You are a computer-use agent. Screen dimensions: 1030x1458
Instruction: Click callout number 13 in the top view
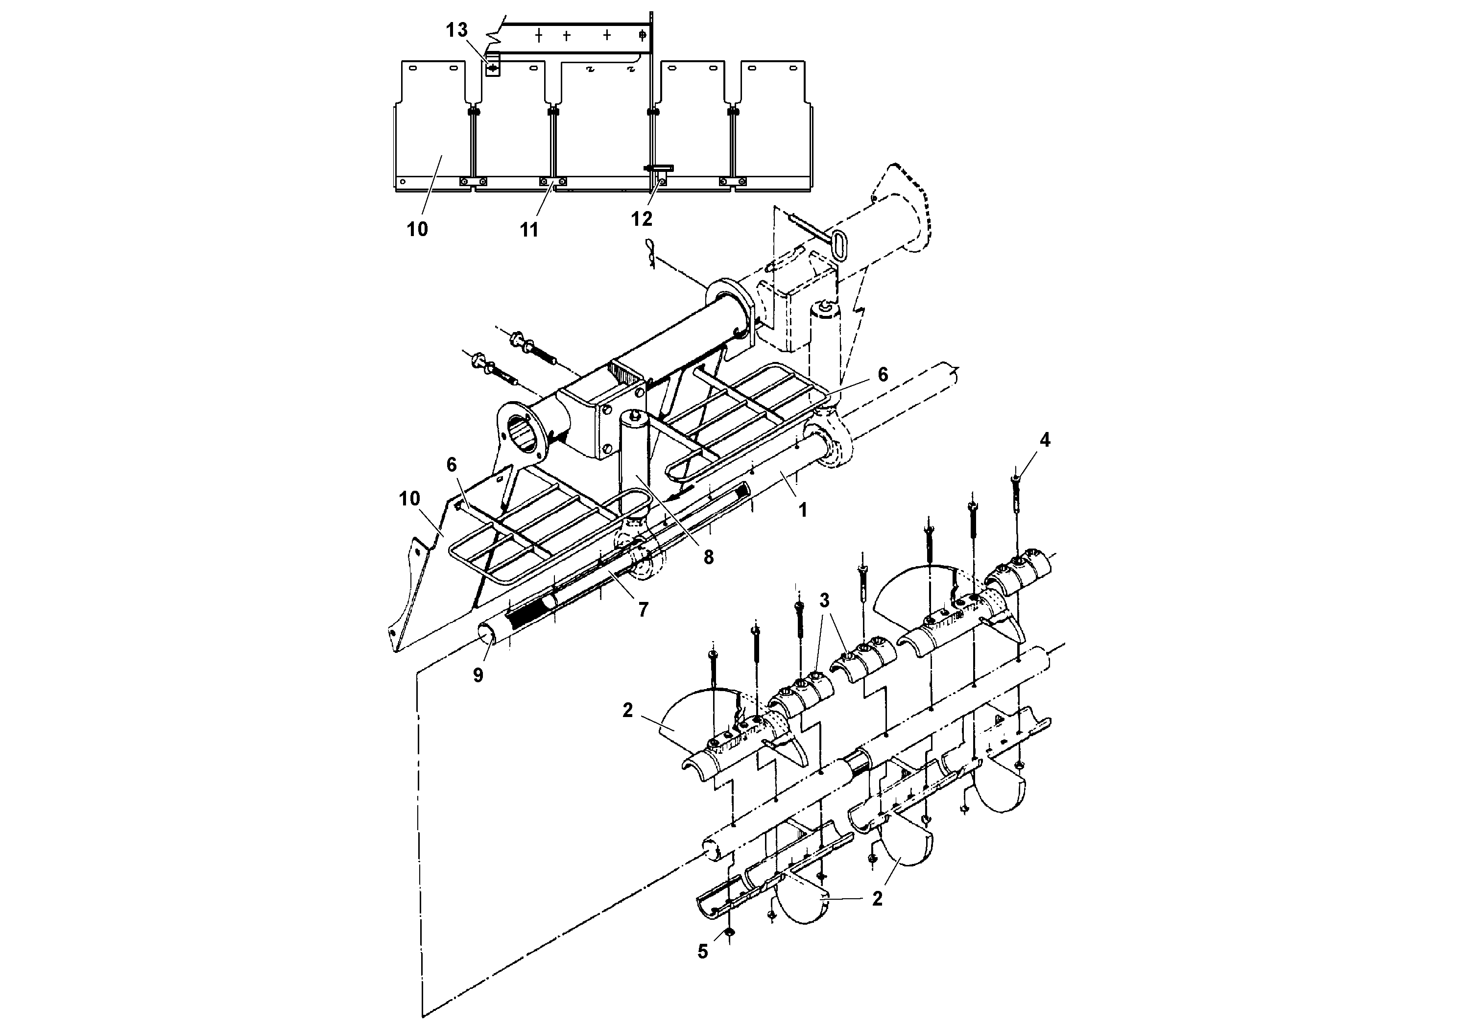456,30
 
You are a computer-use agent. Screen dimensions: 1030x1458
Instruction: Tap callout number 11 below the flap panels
529,230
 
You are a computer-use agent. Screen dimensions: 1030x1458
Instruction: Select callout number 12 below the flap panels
642,218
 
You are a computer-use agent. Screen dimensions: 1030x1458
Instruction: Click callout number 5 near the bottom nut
702,951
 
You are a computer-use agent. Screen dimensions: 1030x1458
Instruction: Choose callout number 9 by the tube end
478,674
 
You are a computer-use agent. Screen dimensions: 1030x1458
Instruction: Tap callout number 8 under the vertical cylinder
708,557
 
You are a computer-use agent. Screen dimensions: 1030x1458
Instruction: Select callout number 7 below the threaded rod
643,610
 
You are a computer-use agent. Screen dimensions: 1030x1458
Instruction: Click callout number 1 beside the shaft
803,509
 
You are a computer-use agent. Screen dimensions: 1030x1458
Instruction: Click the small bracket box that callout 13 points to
493,67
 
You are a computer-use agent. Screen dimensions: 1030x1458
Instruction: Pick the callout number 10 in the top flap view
417,229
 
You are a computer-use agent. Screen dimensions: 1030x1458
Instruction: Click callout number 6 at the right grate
883,374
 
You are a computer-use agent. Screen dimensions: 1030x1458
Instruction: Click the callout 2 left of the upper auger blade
627,710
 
